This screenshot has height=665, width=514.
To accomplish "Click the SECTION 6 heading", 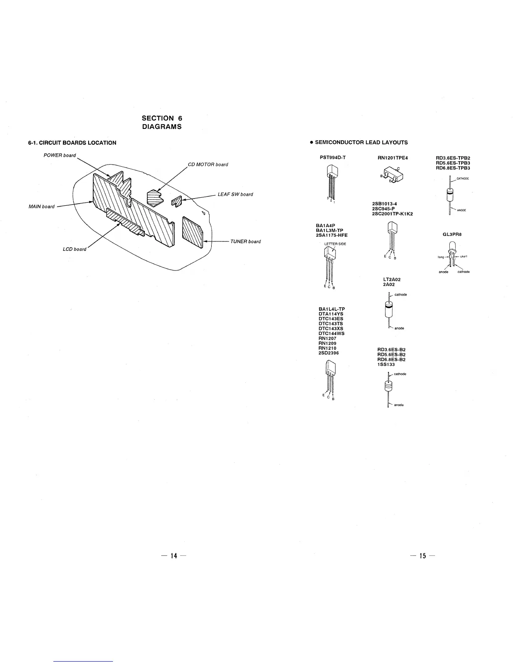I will (x=162, y=118).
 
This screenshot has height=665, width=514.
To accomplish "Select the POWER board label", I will (x=60, y=155).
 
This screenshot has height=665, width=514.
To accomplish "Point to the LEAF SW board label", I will (x=235, y=194).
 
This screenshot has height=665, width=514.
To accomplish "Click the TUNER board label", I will (x=245, y=241).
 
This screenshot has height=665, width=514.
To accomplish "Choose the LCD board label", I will (x=74, y=249).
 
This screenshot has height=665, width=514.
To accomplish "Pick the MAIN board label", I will (x=41, y=206).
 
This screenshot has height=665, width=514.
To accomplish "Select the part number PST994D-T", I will (x=333, y=158).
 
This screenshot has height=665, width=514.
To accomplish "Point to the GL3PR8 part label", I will (x=452, y=234).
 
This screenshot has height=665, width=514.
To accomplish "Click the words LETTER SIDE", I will (x=335, y=244).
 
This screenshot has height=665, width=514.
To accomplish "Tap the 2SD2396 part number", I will (x=329, y=353).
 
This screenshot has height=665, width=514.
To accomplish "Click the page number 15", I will (x=422, y=556).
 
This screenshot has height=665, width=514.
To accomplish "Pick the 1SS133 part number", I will (x=386, y=364).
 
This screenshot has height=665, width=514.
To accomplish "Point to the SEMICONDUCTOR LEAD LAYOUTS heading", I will (x=361, y=142).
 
